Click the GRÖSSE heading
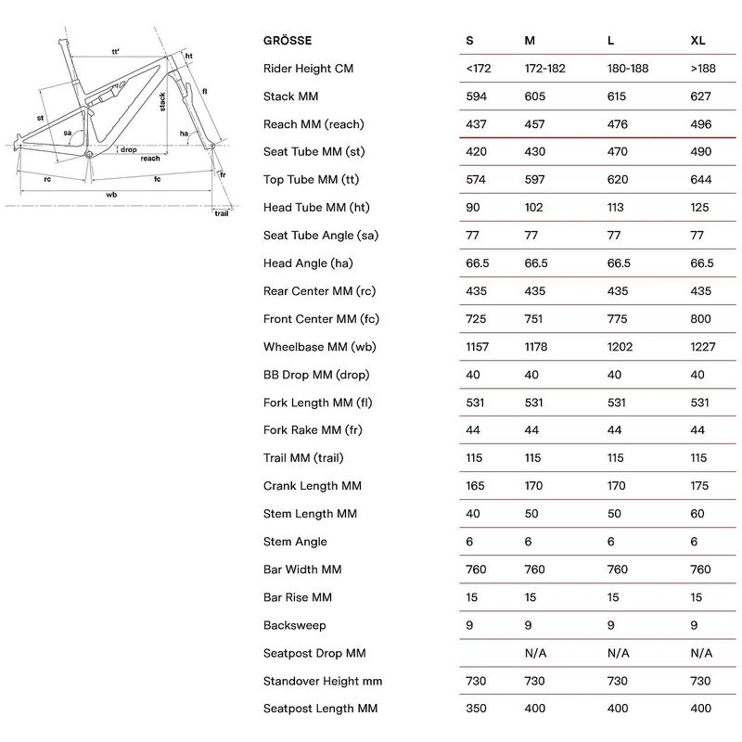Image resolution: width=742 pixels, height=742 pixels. (x=288, y=40)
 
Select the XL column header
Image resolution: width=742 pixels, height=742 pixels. (x=697, y=41)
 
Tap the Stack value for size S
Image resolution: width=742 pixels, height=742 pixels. (x=476, y=96)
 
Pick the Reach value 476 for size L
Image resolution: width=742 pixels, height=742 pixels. (x=618, y=124)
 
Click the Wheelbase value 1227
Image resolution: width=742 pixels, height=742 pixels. (x=703, y=347)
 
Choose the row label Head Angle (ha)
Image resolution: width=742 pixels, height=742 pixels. (x=308, y=263)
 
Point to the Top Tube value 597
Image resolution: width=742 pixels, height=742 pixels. (x=534, y=180)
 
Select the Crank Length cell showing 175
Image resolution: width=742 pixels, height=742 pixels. (x=699, y=486)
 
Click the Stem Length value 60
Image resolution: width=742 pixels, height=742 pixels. (x=697, y=514)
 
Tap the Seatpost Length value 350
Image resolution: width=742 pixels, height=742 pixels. (x=476, y=709)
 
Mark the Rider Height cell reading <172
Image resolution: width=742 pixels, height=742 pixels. (x=479, y=69)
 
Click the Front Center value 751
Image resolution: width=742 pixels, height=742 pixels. (x=533, y=319)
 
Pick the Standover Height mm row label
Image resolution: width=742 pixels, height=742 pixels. (x=323, y=682)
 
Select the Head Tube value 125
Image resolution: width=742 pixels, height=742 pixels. (x=699, y=208)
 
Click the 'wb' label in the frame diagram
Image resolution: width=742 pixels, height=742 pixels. (x=111, y=195)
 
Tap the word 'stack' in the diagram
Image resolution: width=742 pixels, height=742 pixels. (x=162, y=102)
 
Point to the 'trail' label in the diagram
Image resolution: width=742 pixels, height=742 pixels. (x=222, y=213)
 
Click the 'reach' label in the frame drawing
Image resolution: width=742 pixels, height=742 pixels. (x=150, y=159)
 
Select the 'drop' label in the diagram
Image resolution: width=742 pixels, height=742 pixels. (x=128, y=149)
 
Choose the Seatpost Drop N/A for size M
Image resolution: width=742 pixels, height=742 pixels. (x=535, y=654)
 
